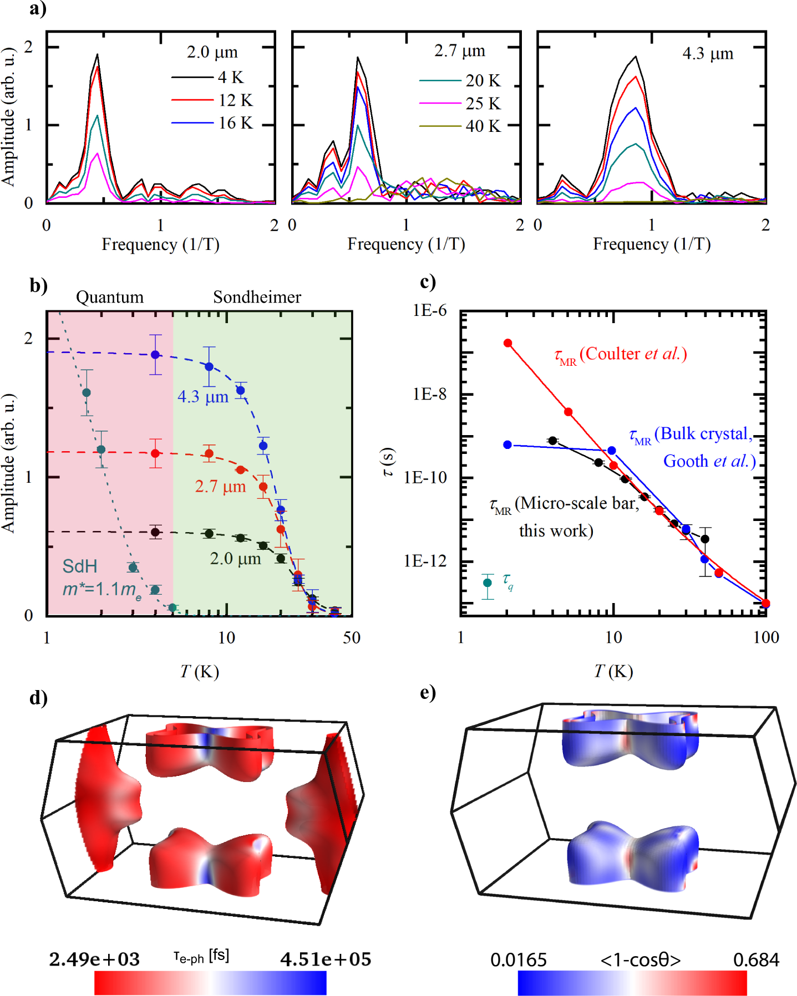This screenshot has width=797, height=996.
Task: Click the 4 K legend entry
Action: pyautogui.click(x=230, y=77)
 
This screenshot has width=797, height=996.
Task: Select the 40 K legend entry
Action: pyautogui.click(x=483, y=126)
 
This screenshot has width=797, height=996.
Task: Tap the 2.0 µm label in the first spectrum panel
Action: pyautogui.click(x=212, y=52)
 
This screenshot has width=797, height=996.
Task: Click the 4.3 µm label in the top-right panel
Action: pyautogui.click(x=707, y=54)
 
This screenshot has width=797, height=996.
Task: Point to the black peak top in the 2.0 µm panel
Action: pyautogui.click(x=98, y=55)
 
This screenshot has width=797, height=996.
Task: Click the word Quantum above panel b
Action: pyautogui.click(x=110, y=297)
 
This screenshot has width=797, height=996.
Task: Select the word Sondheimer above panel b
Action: pyautogui.click(x=257, y=297)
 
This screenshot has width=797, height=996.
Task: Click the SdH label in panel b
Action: pyautogui.click(x=80, y=566)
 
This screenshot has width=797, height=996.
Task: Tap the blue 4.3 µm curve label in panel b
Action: pyautogui.click(x=203, y=397)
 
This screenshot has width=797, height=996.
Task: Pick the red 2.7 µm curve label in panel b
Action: pyautogui.click(x=220, y=487)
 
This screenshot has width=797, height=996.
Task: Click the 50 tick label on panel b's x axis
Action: pyautogui.click(x=351, y=638)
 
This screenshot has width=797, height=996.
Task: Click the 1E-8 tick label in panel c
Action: pyautogui.click(x=429, y=394)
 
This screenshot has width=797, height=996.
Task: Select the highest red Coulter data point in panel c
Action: pyautogui.click(x=507, y=343)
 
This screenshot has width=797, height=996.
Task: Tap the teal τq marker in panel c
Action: pyautogui.click(x=488, y=583)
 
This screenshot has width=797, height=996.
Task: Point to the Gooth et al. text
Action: pyautogui.click(x=709, y=461)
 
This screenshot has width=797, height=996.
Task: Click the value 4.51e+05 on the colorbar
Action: pyautogui.click(x=325, y=959)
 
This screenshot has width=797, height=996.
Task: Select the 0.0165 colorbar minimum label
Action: pyautogui.click(x=518, y=960)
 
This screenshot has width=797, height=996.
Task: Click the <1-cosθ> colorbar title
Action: pyautogui.click(x=640, y=960)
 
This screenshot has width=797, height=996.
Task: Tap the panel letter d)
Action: pyautogui.click(x=38, y=698)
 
